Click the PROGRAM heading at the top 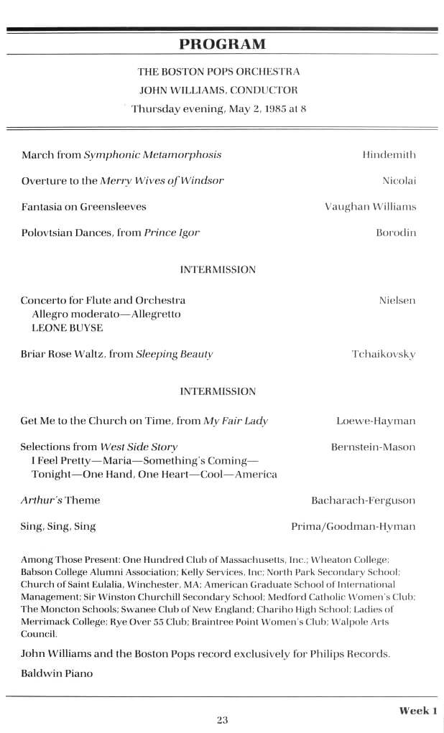pyautogui.click(x=222, y=44)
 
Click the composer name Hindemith pyautogui.click(x=389, y=154)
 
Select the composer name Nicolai pyautogui.click(x=399, y=180)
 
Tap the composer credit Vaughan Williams pyautogui.click(x=370, y=207)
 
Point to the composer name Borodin pyautogui.click(x=396, y=233)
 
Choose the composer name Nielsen pyautogui.click(x=397, y=300)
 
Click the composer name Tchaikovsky pyautogui.click(x=384, y=354)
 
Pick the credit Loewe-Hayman pyautogui.click(x=376, y=421)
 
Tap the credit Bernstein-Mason pyautogui.click(x=373, y=447)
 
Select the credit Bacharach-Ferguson pyautogui.click(x=363, y=500)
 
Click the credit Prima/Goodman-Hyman pyautogui.click(x=353, y=526)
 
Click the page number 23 pyautogui.click(x=222, y=719)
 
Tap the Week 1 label pyautogui.click(x=418, y=711)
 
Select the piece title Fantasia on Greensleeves pyautogui.click(x=83, y=207)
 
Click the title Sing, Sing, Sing pyautogui.click(x=58, y=526)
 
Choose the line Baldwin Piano pyautogui.click(x=57, y=673)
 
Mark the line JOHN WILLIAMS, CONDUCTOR pyautogui.click(x=222, y=90)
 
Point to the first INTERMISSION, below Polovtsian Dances pyautogui.click(x=218, y=270)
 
